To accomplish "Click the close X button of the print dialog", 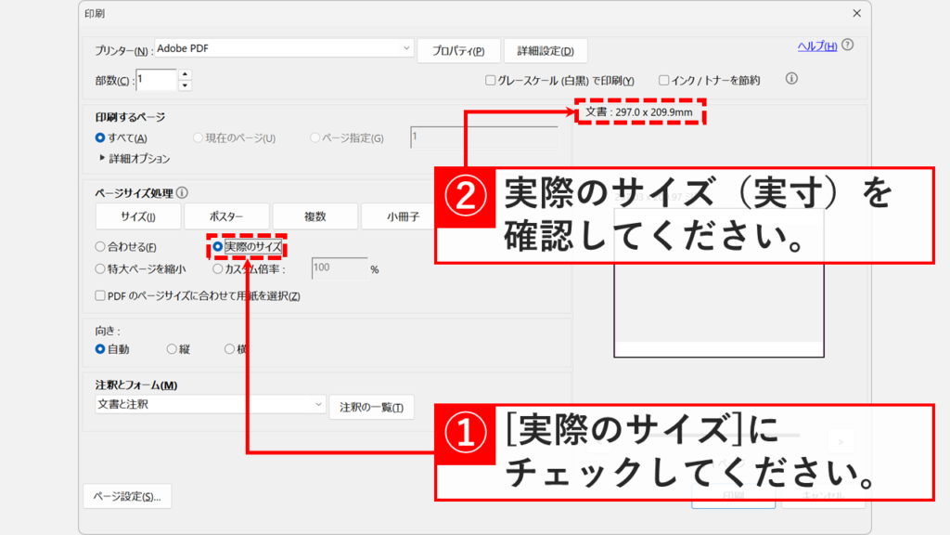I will (x=856, y=13).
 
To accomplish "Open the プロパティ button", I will (x=459, y=51).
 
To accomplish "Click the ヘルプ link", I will (x=817, y=46).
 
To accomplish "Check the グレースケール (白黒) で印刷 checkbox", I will (x=491, y=81).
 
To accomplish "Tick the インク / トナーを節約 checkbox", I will (x=664, y=81).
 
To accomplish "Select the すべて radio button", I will (x=100, y=137).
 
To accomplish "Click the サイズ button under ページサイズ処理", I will (x=137, y=216).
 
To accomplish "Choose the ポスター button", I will (x=226, y=216).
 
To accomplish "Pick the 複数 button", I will (x=315, y=216).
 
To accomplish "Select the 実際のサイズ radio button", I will (x=218, y=247).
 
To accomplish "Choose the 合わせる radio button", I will (x=100, y=247).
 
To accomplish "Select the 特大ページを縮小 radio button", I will (x=100, y=269).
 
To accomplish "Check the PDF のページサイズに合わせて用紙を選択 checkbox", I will (x=100, y=296).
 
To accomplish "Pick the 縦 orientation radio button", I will (x=172, y=349).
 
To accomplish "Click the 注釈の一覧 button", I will (x=371, y=408).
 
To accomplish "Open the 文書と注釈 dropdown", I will (x=209, y=405).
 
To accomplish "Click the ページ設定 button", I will (x=127, y=497).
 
